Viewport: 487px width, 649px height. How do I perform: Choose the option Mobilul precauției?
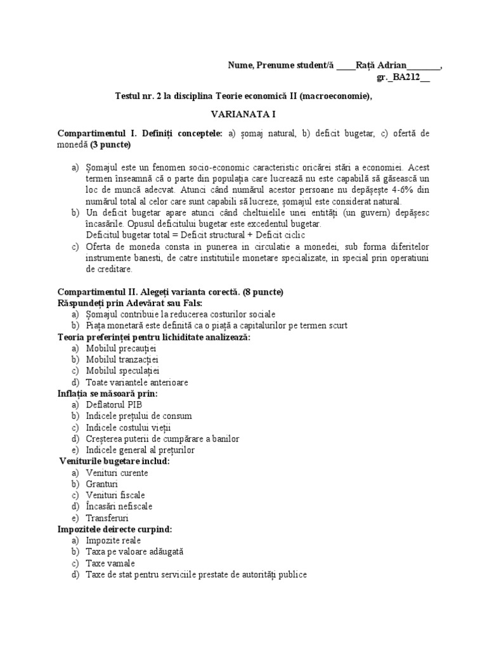[121, 349]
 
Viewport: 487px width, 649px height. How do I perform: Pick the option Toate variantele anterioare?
[137, 382]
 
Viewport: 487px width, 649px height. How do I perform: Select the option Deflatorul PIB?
[114, 404]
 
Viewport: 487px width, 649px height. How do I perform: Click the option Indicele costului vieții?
[129, 427]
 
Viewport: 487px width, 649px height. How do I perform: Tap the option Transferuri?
[107, 518]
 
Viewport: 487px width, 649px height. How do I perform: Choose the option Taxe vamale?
[110, 563]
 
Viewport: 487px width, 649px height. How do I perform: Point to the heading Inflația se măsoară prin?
[108, 394]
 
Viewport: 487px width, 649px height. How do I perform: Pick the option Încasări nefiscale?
[119, 506]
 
